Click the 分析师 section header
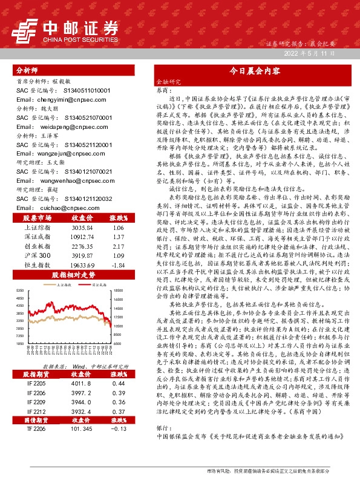[x=27, y=70]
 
